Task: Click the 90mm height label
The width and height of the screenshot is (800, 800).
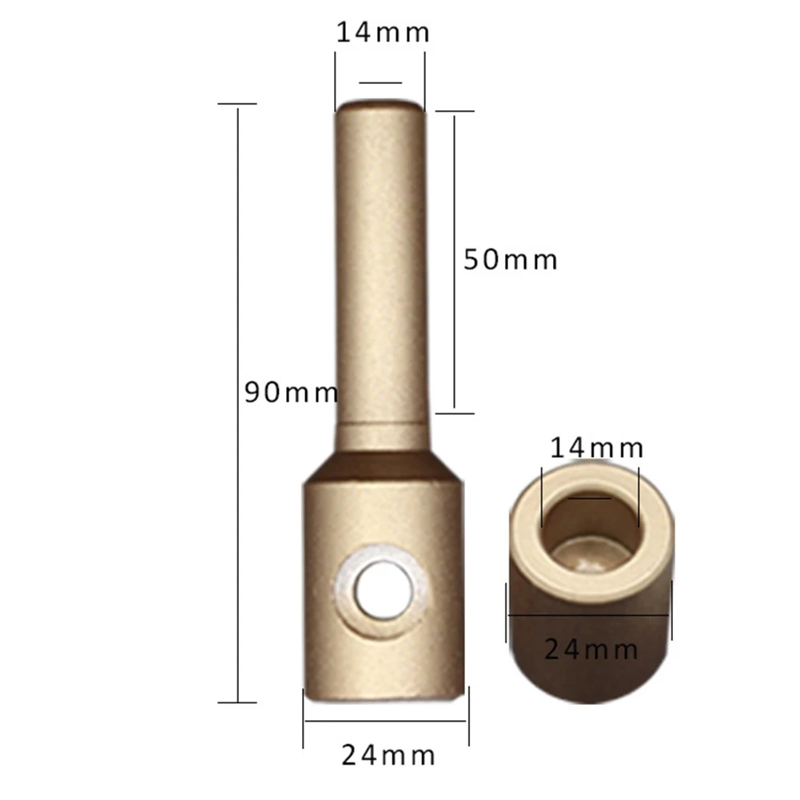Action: [291, 392]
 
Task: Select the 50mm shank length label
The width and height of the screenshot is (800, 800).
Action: [510, 260]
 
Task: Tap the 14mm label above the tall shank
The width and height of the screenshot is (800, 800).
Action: [382, 33]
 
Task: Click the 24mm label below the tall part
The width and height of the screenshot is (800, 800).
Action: [388, 754]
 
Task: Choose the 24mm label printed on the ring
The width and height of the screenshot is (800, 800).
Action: [591, 649]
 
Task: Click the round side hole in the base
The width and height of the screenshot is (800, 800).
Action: [380, 592]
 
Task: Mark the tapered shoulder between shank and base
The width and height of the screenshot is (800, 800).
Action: [384, 461]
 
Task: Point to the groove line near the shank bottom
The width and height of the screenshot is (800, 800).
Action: [384, 432]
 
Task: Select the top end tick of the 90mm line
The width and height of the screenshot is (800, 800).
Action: [237, 104]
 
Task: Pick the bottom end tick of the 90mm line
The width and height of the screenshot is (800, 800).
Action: [237, 702]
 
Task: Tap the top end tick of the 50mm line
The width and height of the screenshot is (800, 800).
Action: [454, 114]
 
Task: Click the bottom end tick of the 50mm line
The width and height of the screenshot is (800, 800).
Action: [454, 413]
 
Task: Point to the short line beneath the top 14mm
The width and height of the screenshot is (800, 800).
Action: [380, 82]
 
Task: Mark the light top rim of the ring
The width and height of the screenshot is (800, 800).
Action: [527, 519]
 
